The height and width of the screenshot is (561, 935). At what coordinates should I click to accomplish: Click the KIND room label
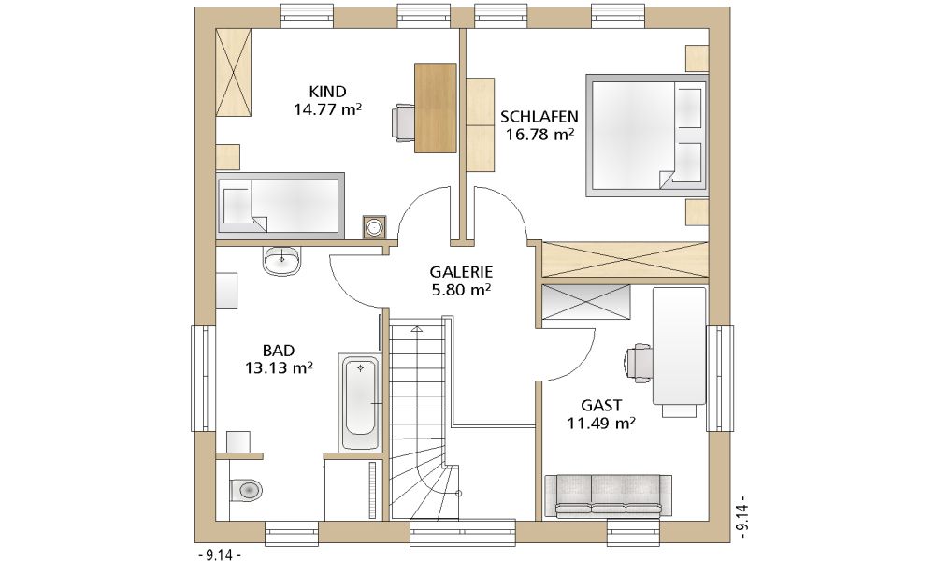(x=327, y=92)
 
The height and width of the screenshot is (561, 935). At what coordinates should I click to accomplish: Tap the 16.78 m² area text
(x=539, y=134)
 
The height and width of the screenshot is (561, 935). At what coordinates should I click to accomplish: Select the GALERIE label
(x=461, y=272)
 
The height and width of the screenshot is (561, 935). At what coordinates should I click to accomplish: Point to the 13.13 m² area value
(x=279, y=367)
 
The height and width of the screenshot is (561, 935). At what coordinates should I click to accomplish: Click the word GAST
(x=601, y=406)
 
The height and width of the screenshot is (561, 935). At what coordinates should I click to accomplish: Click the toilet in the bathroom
(x=246, y=489)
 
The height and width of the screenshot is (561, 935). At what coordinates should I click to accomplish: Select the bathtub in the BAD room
(x=360, y=402)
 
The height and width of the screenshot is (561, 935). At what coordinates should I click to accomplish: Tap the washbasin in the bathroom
(x=281, y=261)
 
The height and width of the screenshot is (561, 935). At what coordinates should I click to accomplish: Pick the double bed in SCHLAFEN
(x=647, y=136)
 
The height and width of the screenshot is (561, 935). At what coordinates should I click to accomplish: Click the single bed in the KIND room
(x=280, y=206)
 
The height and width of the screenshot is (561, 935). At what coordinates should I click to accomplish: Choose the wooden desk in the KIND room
(x=436, y=108)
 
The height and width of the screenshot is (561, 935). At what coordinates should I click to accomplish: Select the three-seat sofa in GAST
(x=610, y=495)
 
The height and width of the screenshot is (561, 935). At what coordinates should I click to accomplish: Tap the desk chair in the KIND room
(x=403, y=122)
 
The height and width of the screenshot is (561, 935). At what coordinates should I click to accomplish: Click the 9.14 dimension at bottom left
(x=219, y=555)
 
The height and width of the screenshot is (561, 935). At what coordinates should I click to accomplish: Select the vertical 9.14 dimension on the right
(x=742, y=517)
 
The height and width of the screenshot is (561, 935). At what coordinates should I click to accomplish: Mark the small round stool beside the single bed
(x=374, y=226)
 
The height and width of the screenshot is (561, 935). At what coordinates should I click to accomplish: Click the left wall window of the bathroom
(x=202, y=379)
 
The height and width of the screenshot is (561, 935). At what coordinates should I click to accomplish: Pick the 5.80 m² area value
(x=461, y=291)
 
